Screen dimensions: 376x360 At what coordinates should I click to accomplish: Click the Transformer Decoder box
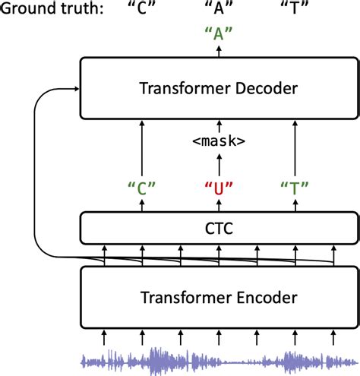219,90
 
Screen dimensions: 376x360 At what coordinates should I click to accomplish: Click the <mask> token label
219,141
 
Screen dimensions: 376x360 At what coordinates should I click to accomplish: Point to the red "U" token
219,187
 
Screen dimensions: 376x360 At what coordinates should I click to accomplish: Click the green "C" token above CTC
142,187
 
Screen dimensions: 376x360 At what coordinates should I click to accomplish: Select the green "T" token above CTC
295,187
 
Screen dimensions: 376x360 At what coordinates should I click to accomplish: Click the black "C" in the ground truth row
142,9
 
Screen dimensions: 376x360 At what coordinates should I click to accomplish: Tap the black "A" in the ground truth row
219,9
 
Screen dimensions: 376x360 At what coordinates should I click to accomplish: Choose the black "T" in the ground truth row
295,9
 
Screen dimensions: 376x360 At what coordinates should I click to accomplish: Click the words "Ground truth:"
47,9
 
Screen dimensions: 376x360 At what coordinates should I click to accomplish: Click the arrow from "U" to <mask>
219,163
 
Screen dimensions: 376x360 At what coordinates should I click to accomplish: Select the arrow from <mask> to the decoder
219,125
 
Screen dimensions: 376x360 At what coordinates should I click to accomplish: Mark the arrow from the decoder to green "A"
219,51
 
